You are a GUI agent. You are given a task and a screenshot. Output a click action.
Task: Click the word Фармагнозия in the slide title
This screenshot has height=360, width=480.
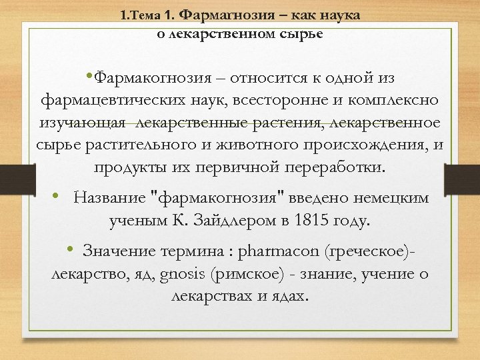[x=223, y=15]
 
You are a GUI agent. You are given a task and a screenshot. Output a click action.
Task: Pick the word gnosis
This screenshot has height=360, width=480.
[x=182, y=273]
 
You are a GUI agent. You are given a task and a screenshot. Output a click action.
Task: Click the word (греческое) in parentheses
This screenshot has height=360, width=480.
[x=370, y=251]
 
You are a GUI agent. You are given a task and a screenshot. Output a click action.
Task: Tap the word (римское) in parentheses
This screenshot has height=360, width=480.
[x=246, y=273]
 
